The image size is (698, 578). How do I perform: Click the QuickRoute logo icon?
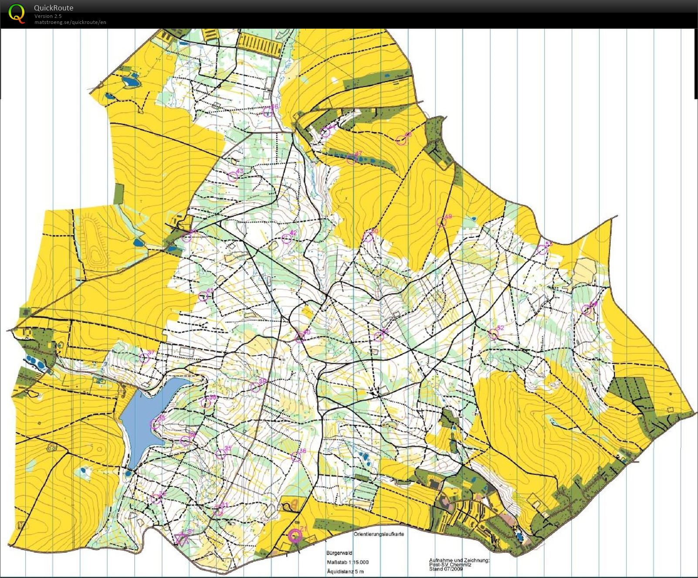click(x=17, y=13)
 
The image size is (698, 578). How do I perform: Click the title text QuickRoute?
click(x=54, y=8)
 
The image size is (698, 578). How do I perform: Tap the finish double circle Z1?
click(x=295, y=536)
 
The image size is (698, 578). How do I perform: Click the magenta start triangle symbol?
click(x=181, y=539)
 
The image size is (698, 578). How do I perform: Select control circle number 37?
click(x=144, y=358)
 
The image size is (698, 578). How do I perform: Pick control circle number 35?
click(x=221, y=454)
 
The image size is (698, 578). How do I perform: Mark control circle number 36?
click(x=296, y=456)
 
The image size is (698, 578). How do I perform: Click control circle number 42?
click(x=287, y=238)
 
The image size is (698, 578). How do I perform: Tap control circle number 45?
click(x=203, y=297)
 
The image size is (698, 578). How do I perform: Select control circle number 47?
click(x=351, y=160)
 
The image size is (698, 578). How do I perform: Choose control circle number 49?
click(x=441, y=222)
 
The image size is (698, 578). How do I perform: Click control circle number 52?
click(x=493, y=334)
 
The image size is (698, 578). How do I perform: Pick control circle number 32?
click(x=156, y=499)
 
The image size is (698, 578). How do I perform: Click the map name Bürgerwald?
click(x=339, y=553)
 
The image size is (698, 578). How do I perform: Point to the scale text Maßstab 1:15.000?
click(x=347, y=562)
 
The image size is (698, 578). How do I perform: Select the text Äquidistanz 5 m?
click(x=345, y=571)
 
